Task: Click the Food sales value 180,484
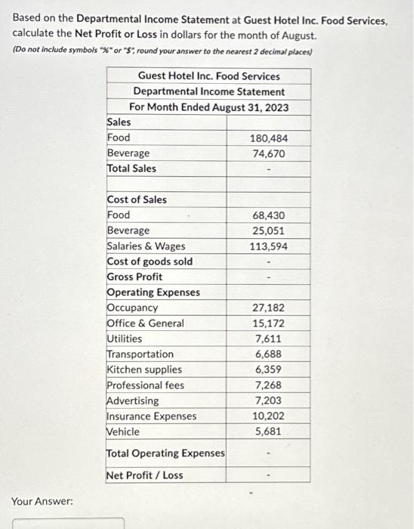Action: click(x=268, y=138)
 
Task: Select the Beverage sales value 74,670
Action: click(x=268, y=153)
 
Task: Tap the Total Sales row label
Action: click(x=132, y=169)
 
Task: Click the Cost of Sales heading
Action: click(x=137, y=200)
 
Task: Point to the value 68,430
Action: click(x=268, y=215)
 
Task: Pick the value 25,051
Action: click(x=268, y=230)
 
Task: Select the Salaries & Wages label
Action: click(x=146, y=246)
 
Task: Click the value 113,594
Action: click(x=268, y=246)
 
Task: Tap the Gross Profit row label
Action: click(x=135, y=277)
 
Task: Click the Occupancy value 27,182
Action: click(x=268, y=308)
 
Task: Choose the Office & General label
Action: click(x=146, y=323)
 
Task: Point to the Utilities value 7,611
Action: click(x=270, y=339)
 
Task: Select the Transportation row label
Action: click(x=141, y=354)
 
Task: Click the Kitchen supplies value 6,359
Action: click(x=270, y=370)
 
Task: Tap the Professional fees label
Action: click(x=146, y=385)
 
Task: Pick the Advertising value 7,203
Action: click(x=270, y=401)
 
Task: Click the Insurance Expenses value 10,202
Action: click(x=268, y=416)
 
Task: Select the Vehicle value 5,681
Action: click(x=270, y=432)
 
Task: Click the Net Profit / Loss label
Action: click(x=144, y=475)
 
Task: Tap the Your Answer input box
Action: click(x=68, y=522)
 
